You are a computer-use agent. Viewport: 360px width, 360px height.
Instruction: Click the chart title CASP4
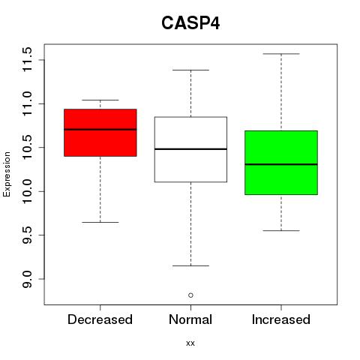click(x=190, y=23)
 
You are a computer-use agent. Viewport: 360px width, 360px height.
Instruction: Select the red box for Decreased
click(x=100, y=133)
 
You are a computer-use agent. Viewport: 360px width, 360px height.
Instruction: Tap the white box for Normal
click(x=190, y=149)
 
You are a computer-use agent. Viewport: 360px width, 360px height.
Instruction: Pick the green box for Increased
click(x=281, y=163)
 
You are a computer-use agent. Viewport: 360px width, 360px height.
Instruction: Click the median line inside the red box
click(x=100, y=129)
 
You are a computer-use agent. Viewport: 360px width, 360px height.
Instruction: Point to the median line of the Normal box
click(x=190, y=149)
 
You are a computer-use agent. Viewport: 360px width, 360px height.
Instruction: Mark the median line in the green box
click(x=281, y=164)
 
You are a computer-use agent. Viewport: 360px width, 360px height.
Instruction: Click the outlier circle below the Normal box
click(x=190, y=295)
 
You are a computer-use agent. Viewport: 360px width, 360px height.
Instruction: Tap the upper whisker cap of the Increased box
click(x=281, y=54)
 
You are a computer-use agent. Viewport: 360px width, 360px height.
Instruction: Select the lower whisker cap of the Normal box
click(x=190, y=265)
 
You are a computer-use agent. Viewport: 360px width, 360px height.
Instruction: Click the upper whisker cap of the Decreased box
click(x=100, y=100)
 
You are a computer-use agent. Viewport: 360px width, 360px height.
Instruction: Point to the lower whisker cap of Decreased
click(x=100, y=222)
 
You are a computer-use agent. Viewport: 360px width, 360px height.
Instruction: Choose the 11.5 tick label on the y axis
click(x=27, y=59)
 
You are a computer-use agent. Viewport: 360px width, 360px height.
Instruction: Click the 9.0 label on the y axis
click(x=27, y=279)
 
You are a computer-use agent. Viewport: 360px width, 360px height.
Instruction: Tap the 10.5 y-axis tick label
click(x=27, y=148)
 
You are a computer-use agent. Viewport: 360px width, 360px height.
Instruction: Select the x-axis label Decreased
click(x=100, y=319)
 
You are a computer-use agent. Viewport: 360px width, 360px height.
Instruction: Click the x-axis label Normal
click(x=190, y=319)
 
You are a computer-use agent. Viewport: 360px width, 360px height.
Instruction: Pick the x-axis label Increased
click(x=281, y=319)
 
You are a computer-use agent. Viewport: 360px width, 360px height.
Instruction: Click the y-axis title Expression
click(x=7, y=174)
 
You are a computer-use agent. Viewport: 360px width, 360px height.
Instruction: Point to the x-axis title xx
click(x=190, y=343)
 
